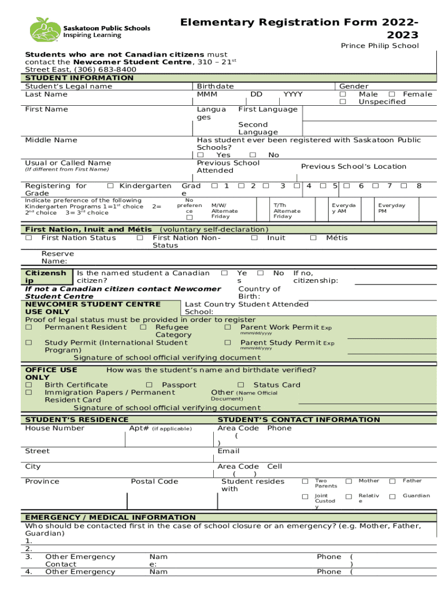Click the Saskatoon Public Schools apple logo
click(x=44, y=29)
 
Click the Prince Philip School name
click(x=380, y=46)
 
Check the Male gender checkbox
click(x=343, y=94)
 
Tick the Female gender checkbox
click(x=392, y=94)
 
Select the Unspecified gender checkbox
click(x=343, y=102)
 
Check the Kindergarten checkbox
click(x=110, y=186)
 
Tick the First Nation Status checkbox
click(x=29, y=238)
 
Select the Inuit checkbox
click(x=254, y=238)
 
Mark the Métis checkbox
click(x=313, y=238)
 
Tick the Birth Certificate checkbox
click(x=29, y=385)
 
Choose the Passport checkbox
click(x=149, y=385)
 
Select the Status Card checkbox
click(x=240, y=385)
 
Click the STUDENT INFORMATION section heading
click(x=79, y=78)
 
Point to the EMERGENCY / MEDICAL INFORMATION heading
click(x=110, y=517)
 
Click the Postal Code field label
click(x=154, y=482)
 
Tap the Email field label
click(x=228, y=451)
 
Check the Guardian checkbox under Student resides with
click(x=392, y=496)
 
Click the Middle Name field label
click(x=51, y=140)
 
